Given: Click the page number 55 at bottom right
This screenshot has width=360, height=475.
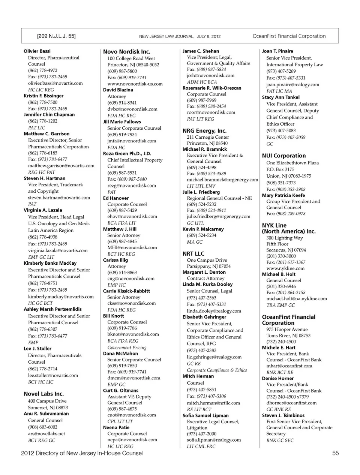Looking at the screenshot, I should (335, 453).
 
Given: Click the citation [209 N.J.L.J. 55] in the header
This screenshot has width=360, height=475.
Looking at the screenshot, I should (56, 36).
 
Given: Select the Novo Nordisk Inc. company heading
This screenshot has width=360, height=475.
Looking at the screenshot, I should (126, 52).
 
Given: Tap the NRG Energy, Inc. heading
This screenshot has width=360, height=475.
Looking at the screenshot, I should (204, 131).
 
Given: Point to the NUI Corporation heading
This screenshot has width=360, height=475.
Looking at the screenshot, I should (284, 156).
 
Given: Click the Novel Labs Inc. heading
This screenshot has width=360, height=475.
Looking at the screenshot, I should (43, 394).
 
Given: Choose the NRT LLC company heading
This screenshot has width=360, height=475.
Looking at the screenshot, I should (193, 253).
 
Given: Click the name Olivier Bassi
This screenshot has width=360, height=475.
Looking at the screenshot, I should (37, 51).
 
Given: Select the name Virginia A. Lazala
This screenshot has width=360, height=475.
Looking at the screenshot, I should (43, 210).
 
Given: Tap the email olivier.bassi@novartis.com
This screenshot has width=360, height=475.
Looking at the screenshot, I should (55, 83).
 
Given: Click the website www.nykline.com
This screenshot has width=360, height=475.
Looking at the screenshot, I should (285, 268).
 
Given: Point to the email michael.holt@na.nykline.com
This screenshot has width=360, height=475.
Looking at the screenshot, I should (296, 299).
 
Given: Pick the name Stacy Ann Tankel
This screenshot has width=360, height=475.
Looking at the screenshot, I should (280, 97).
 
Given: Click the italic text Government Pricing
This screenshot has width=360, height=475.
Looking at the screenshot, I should (127, 348).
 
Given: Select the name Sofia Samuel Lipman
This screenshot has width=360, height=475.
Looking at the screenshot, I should (205, 416).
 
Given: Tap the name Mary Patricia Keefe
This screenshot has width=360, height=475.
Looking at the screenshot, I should (283, 195).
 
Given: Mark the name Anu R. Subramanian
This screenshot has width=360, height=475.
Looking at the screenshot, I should (46, 414).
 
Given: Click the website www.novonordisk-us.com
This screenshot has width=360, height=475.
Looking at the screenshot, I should (135, 84).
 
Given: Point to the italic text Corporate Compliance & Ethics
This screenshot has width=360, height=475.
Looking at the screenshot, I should (217, 370).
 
